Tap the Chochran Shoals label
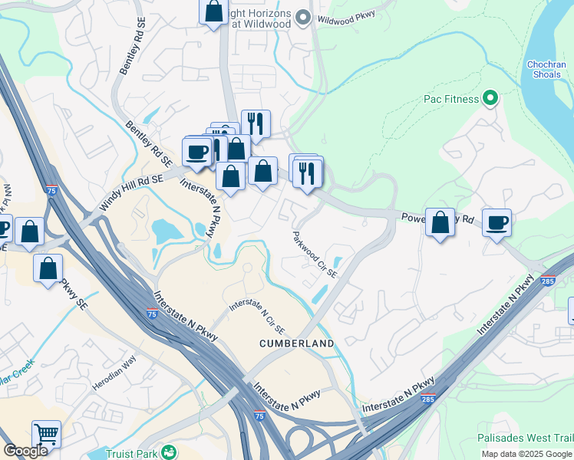(x=546, y=69)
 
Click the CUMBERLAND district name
(x=296, y=343)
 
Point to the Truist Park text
(x=131, y=453)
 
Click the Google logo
(x=26, y=451)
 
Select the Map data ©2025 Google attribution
(x=527, y=454)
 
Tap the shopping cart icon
(x=46, y=435)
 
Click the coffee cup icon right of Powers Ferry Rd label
(x=496, y=223)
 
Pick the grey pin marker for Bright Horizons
(x=303, y=17)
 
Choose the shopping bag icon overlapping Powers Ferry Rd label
(x=440, y=223)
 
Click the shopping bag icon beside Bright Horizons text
(x=214, y=11)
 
